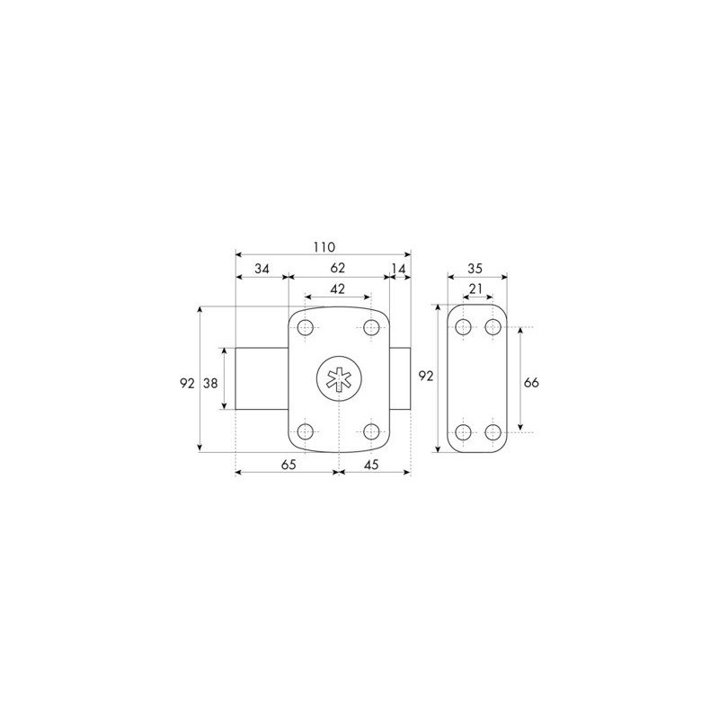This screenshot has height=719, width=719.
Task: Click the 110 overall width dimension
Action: pyautogui.click(x=324, y=247)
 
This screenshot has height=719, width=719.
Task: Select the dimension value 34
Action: pyautogui.click(x=262, y=269)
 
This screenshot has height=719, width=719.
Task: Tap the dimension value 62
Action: pyautogui.click(x=338, y=268)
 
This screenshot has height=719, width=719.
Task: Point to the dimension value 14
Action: pyautogui.click(x=399, y=269)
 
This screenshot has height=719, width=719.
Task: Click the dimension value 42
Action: pyautogui.click(x=338, y=289)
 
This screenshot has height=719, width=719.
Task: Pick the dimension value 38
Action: pyautogui.click(x=210, y=383)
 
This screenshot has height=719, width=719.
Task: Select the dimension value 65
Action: pyautogui.click(x=288, y=465)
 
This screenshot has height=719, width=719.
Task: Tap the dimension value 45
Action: pyautogui.click(x=371, y=465)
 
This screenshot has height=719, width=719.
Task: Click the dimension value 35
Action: pyautogui.click(x=475, y=269)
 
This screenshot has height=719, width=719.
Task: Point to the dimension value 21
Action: pyautogui.click(x=476, y=288)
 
